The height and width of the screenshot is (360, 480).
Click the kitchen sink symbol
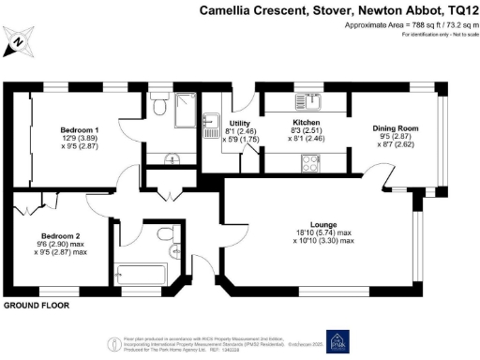pos(303,99)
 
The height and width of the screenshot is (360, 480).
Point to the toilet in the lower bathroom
pos(166,233)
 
